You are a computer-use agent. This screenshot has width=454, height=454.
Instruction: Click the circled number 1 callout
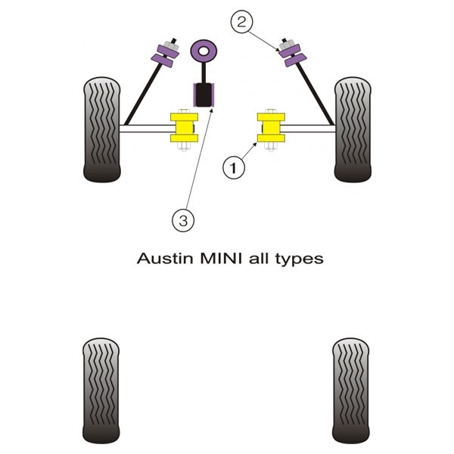click(233, 168)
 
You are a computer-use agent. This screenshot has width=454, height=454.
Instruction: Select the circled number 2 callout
click(241, 22)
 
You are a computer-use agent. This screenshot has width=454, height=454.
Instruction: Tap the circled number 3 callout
click(183, 221)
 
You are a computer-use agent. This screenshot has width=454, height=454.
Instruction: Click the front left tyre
click(102, 129)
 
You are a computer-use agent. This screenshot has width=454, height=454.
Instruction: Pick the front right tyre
click(353, 129)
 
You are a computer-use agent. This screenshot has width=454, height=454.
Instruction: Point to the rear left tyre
click(101, 390)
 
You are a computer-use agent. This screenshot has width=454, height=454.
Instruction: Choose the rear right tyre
click(351, 390)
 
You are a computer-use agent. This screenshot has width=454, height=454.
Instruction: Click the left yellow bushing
click(184, 128)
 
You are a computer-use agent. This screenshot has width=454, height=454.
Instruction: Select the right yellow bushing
click(271, 128)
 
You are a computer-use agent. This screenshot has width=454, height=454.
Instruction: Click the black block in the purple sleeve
click(204, 95)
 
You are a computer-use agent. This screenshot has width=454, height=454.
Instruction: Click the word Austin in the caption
click(165, 258)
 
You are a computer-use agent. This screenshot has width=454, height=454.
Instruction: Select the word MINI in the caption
click(221, 258)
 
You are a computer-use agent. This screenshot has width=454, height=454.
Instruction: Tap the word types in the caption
click(300, 260)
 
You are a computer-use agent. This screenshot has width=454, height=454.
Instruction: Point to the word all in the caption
click(259, 258)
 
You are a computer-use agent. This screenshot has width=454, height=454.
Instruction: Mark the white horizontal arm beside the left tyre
click(145, 129)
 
